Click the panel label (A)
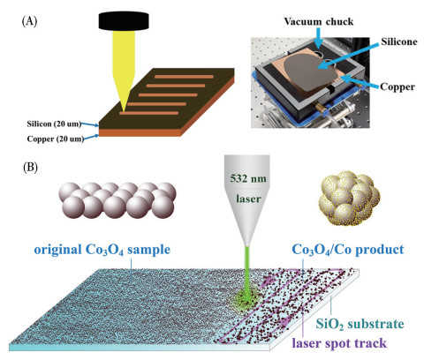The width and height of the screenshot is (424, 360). (29, 22)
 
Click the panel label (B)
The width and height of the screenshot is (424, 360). (30, 168)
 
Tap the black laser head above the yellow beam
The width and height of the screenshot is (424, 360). (124, 21)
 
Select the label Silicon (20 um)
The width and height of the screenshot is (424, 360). (54, 124)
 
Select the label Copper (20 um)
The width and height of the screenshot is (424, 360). (56, 139)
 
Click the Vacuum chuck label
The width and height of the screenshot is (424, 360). (318, 21)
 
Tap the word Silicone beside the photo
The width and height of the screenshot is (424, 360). (399, 41)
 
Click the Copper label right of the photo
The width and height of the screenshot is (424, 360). (397, 86)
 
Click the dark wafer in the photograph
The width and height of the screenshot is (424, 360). (310, 71)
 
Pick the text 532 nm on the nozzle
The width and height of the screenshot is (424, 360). (248, 178)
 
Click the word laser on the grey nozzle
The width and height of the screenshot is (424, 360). (248, 199)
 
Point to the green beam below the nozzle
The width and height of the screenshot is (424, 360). (247, 272)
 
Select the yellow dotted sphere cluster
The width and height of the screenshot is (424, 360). (349, 199)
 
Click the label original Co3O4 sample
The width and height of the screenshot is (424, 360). (102, 250)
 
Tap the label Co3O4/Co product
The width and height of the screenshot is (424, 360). (348, 250)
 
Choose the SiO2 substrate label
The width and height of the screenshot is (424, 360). (360, 324)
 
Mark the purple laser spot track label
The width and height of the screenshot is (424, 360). (339, 343)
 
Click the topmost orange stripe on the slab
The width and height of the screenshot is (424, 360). (184, 77)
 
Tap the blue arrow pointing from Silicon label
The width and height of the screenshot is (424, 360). (90, 124)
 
